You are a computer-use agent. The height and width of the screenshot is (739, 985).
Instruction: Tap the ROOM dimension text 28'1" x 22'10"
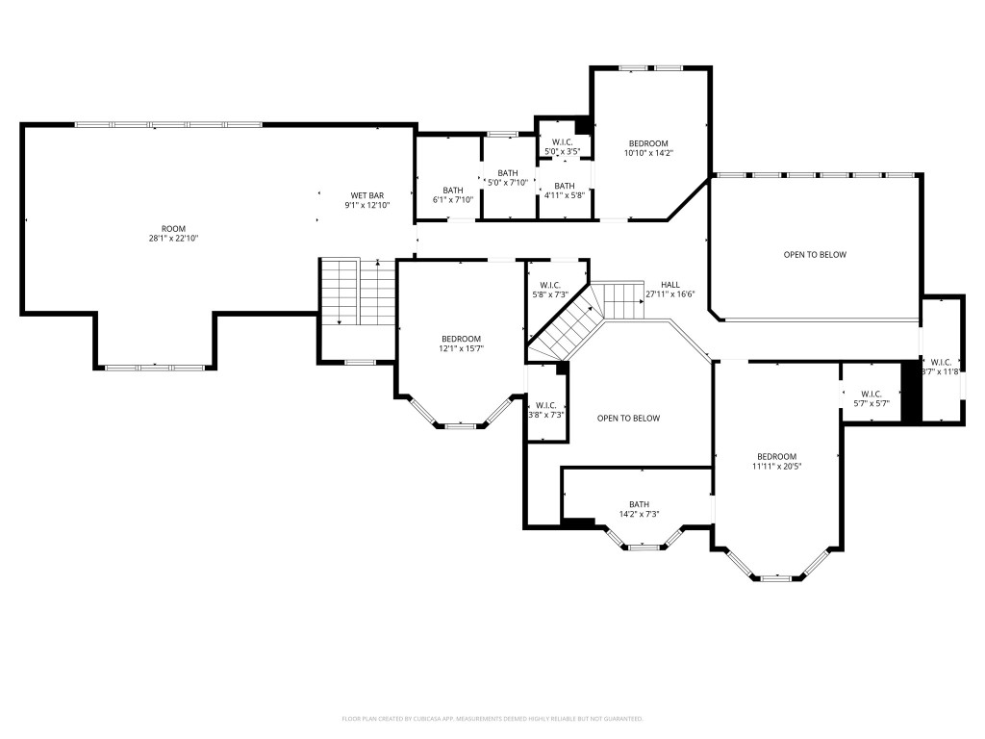coord(173,238)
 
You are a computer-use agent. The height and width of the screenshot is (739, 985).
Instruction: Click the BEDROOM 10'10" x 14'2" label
coord(648,147)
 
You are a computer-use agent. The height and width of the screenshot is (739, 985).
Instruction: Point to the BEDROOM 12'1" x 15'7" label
coord(461,344)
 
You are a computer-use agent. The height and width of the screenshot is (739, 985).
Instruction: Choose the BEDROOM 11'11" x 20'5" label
coord(776,461)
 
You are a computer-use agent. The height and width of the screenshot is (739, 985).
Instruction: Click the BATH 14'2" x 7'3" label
coord(639,509)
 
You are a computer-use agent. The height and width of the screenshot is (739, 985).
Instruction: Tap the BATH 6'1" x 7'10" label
coord(453,194)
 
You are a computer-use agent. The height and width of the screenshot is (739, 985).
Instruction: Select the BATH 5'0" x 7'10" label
coord(507,178)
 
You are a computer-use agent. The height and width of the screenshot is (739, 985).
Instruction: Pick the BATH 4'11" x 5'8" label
coord(564,191)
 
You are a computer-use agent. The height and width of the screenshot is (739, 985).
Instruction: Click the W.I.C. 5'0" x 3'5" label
coord(563,147)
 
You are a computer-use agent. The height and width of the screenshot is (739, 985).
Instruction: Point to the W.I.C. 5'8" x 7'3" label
coord(550,290)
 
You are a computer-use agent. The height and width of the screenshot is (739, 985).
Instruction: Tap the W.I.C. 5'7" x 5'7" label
coord(871,398)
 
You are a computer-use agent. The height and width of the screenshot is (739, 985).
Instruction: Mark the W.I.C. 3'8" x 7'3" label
coord(545,410)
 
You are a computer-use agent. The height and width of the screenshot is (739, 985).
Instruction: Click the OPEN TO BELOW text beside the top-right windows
coord(814,254)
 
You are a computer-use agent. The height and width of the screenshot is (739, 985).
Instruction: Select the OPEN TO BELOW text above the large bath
coord(628,418)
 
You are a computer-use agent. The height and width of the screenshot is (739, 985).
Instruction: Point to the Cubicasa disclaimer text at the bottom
coord(492,719)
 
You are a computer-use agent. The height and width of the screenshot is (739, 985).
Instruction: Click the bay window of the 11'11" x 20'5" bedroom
coord(776,576)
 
